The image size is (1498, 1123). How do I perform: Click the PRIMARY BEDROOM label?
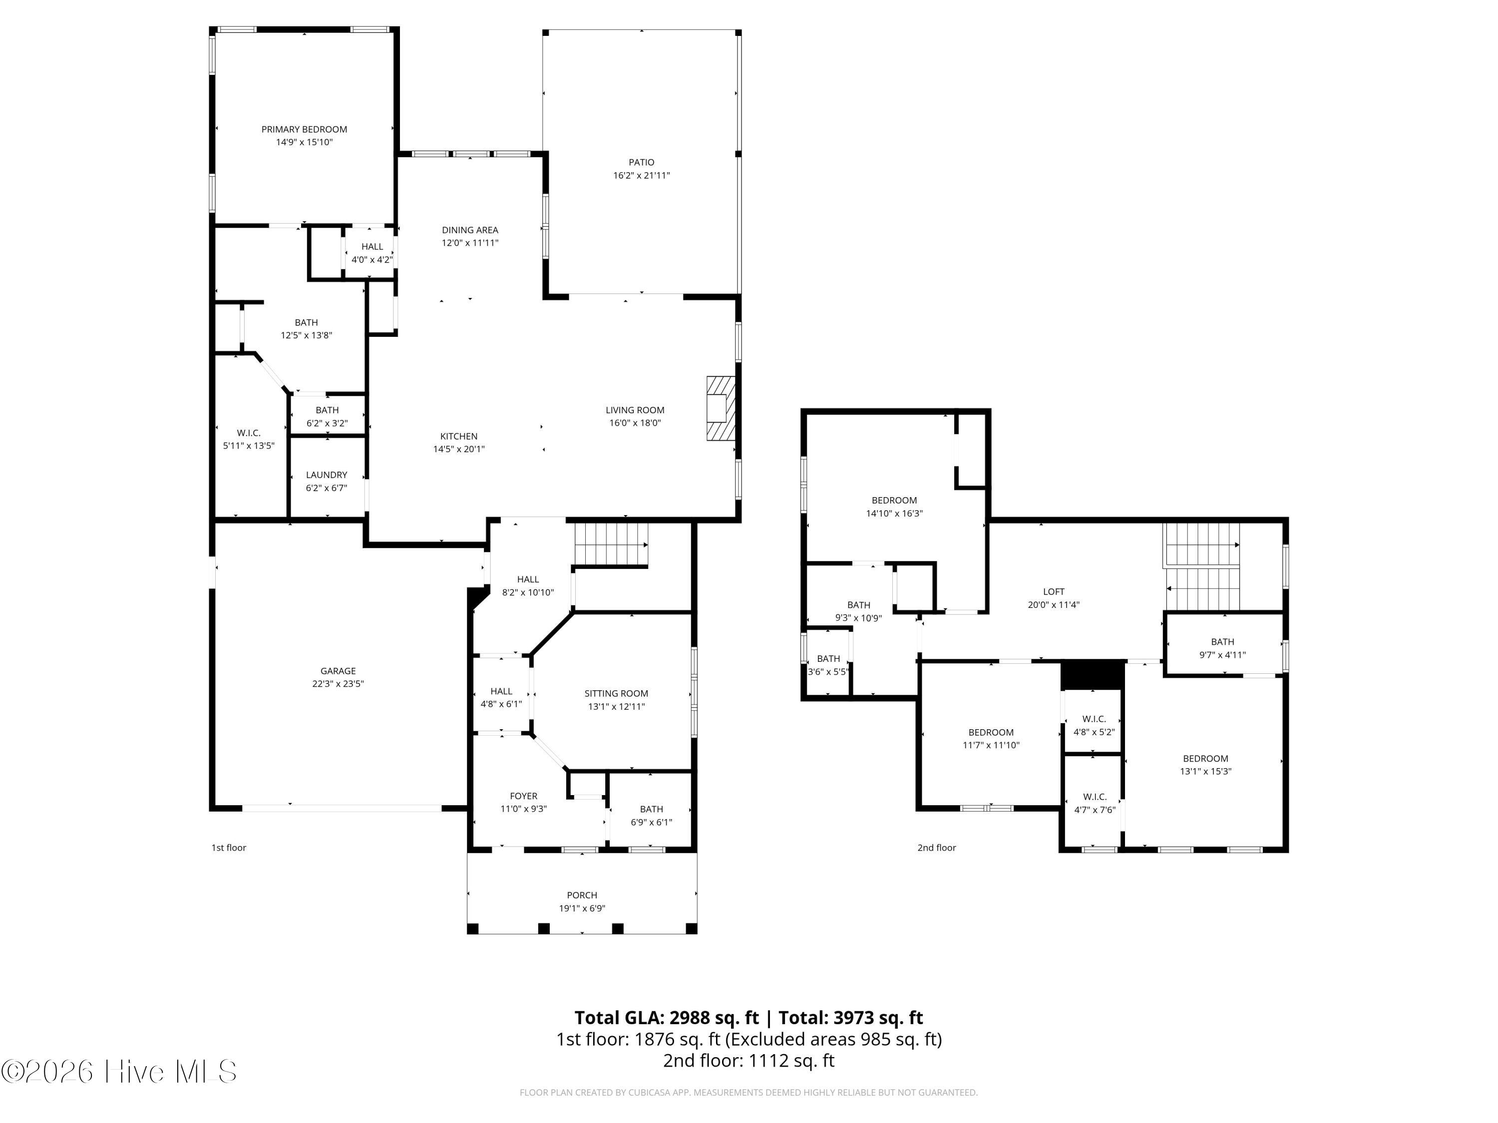pos(304,129)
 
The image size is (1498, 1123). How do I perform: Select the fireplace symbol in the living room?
pos(721,409)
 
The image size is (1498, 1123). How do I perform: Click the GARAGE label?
pos(338,671)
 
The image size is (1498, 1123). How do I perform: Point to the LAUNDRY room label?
pos(327,475)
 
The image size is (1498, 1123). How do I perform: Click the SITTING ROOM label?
pos(616,693)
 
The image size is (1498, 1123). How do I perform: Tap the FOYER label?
pos(523,796)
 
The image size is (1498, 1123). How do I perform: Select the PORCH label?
pos(582,895)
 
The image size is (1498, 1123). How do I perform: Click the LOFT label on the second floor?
pos(1054,591)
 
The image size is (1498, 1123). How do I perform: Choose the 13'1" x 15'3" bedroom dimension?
pos(1205,771)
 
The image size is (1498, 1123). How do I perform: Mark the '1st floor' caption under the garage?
pos(229,847)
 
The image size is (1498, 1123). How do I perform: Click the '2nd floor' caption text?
pos(937,847)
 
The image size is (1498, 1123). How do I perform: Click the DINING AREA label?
pos(470,230)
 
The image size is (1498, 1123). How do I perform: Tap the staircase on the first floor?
pos(611,544)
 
